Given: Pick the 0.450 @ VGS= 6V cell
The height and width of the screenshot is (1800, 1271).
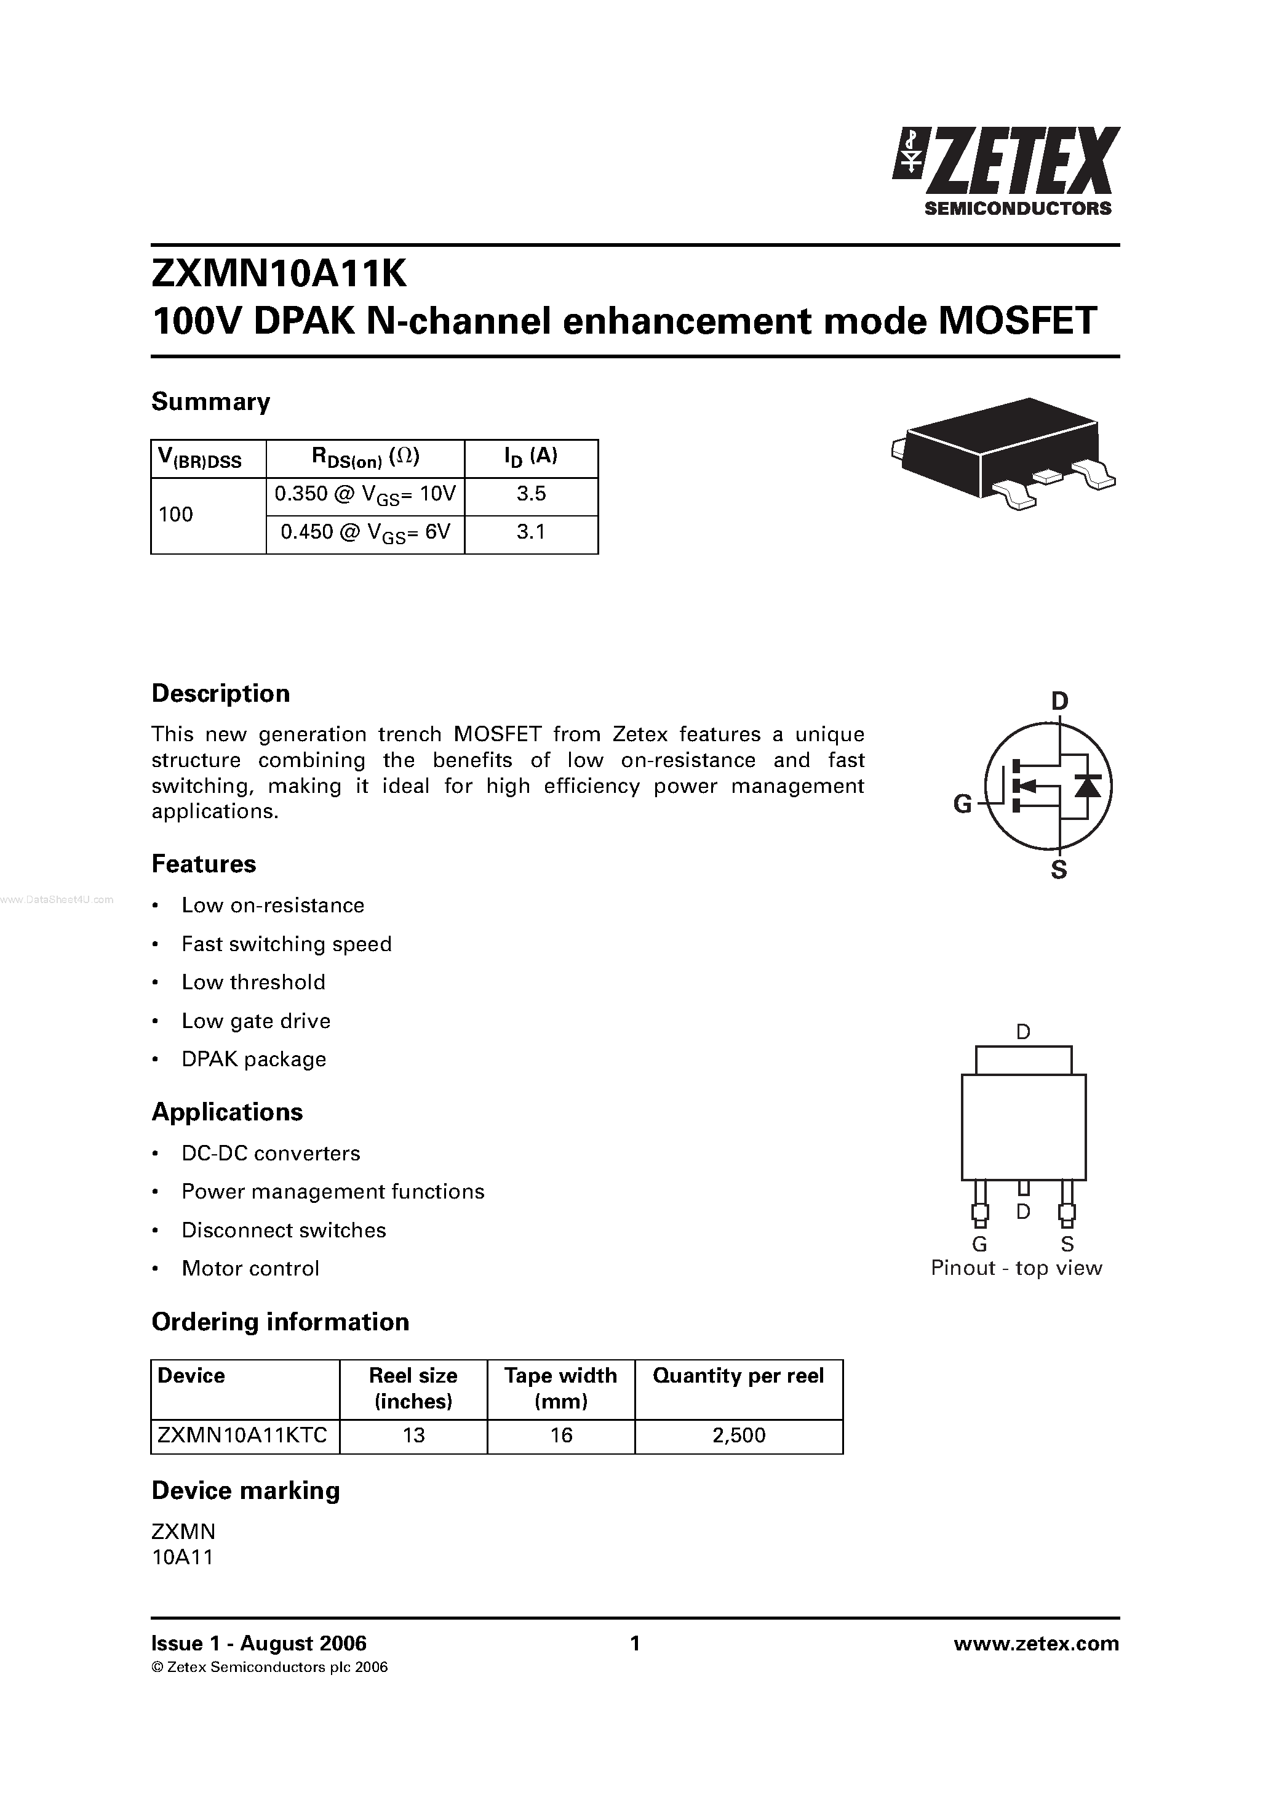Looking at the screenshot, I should pos(365,533).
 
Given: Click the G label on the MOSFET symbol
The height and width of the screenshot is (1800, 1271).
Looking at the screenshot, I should pos(962,803).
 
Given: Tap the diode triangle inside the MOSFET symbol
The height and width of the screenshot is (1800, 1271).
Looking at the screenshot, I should pos(1088,785).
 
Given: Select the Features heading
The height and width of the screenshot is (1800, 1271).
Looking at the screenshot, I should pos(204,864).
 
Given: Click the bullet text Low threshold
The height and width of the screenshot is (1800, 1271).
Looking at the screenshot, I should pos(253,982).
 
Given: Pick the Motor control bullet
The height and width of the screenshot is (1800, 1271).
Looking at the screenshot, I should pos(250,1269).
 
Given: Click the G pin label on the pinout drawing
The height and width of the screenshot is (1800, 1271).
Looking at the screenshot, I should pos(979,1244).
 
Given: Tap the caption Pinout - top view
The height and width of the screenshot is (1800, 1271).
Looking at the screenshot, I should pos(1016,1269).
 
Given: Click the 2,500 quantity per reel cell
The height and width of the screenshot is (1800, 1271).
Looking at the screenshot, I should pos(739,1436).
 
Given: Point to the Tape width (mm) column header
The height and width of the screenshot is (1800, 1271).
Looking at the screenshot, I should pos(560,1388).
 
